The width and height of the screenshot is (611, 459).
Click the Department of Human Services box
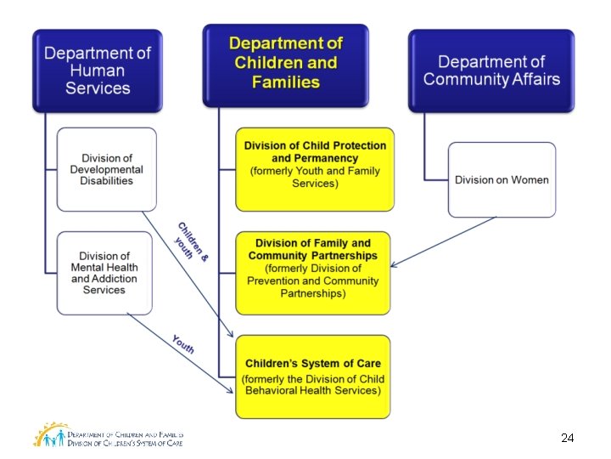click(x=97, y=71)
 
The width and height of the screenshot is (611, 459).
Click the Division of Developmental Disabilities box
click(x=107, y=169)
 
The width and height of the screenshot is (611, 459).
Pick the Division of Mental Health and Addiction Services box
click(x=106, y=272)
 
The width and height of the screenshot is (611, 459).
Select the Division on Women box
click(x=502, y=179)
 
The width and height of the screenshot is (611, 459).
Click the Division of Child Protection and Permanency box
click(x=315, y=169)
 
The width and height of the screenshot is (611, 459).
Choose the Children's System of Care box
click(x=313, y=377)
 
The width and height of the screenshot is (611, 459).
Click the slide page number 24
click(x=568, y=438)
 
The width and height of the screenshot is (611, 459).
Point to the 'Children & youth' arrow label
click(x=190, y=241)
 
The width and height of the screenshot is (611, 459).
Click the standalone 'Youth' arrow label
click(x=183, y=343)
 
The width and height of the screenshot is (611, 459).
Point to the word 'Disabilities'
click(x=107, y=180)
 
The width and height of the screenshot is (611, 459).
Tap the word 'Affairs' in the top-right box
click(x=528, y=80)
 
